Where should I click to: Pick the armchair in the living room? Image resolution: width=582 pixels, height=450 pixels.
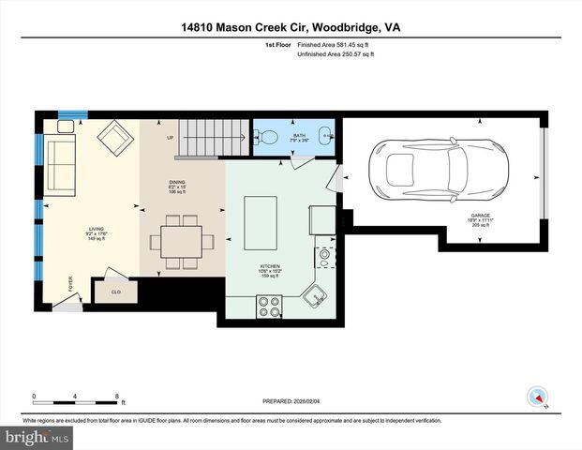pos(117,139)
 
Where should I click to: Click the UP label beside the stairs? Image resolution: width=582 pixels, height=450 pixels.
pos(170,139)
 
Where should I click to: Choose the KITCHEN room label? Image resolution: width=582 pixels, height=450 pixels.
pos(270,266)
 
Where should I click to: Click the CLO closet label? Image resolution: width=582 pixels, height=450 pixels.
pos(116,292)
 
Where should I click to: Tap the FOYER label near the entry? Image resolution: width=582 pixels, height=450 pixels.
pos(70,283)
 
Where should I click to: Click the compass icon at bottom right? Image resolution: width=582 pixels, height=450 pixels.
pos(537,397)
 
